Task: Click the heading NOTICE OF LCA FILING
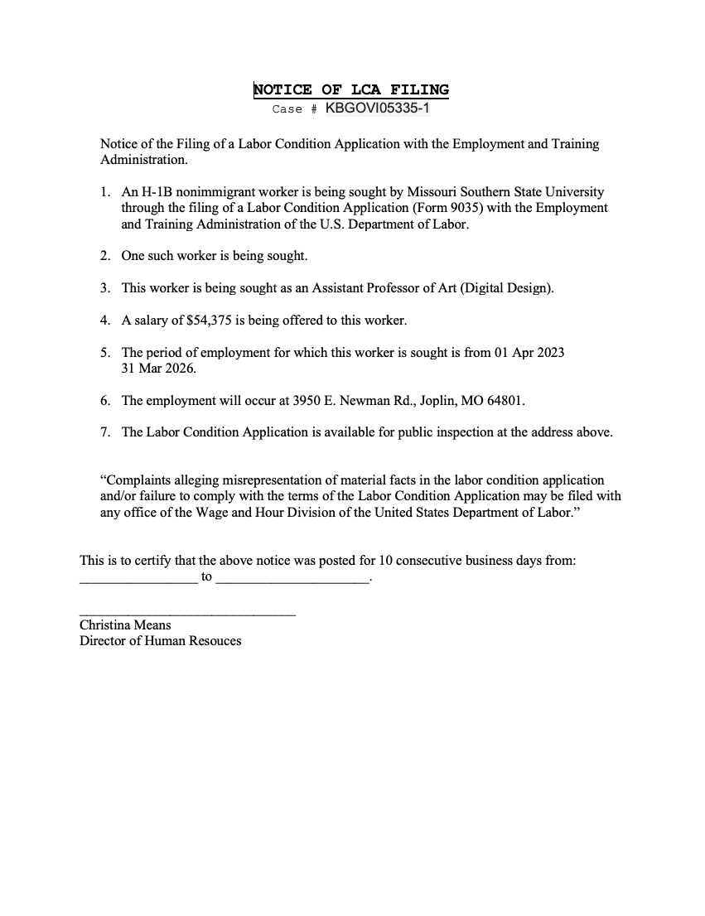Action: click(351, 89)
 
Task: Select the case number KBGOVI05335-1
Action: click(377, 108)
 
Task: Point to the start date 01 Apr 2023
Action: click(529, 352)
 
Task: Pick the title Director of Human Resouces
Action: click(161, 641)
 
